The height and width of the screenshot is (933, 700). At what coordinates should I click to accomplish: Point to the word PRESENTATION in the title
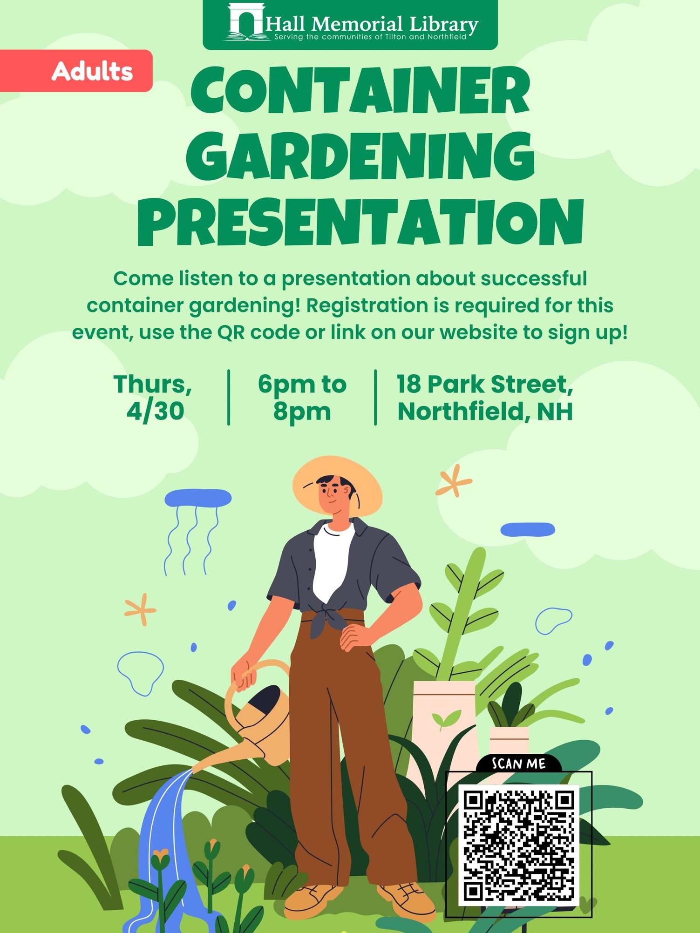pyautogui.click(x=360, y=222)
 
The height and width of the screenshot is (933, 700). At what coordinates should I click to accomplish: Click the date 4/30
pyautogui.click(x=155, y=411)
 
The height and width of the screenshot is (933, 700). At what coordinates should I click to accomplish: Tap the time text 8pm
pyautogui.click(x=302, y=411)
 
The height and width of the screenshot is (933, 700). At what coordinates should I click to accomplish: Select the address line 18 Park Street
pyautogui.click(x=484, y=384)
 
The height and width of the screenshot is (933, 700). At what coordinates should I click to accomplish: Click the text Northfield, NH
pyautogui.click(x=484, y=411)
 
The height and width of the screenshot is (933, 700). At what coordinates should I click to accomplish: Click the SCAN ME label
pyautogui.click(x=518, y=764)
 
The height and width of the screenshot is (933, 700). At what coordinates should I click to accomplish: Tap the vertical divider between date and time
pyautogui.click(x=229, y=397)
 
